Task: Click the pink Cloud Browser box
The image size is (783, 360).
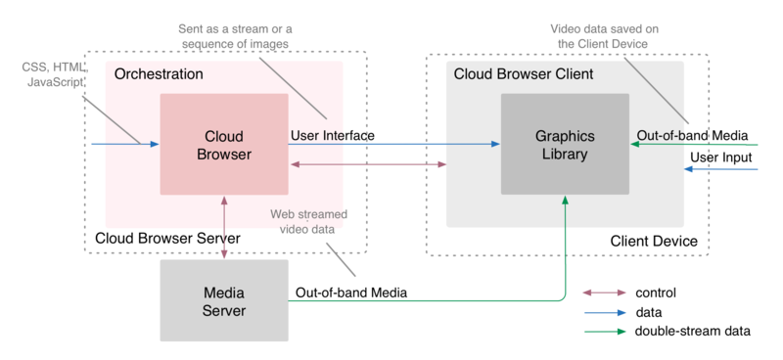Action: tap(224, 144)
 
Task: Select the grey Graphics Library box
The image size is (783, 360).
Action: tap(564, 144)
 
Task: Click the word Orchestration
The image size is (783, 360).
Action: tap(159, 74)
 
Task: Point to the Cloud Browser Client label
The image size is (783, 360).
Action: tap(518, 74)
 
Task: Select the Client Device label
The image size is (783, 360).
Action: tap(653, 241)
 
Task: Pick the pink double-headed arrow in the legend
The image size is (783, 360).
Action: tap(605, 292)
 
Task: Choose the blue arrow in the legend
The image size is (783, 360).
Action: tap(605, 313)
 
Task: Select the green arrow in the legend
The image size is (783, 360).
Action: tap(605, 332)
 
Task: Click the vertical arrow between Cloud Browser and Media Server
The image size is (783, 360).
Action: tap(225, 227)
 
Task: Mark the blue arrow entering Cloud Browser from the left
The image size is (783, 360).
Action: tap(123, 145)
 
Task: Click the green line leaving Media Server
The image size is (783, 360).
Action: tap(421, 300)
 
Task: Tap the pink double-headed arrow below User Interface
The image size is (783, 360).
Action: tap(367, 164)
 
